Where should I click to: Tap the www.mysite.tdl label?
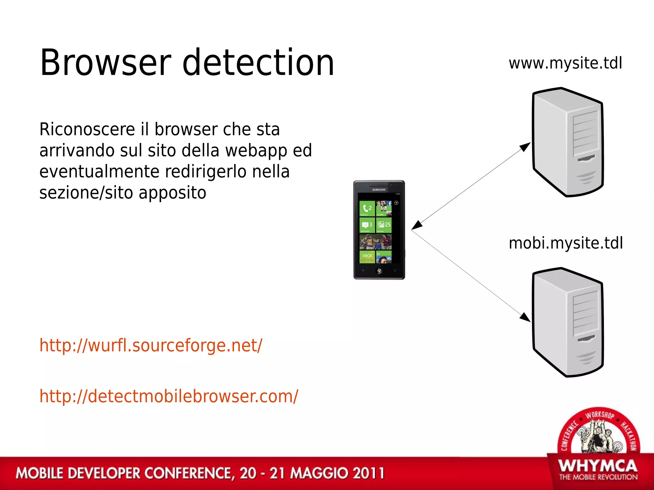pyautogui.click(x=565, y=63)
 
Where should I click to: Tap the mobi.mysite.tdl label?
pyautogui.click(x=566, y=243)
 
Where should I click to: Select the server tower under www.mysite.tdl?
pyautogui.click(x=568, y=142)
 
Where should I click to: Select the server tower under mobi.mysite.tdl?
pyautogui.click(x=568, y=322)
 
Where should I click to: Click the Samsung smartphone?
pyautogui.click(x=379, y=230)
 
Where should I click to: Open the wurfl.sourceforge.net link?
pyautogui.click(x=151, y=345)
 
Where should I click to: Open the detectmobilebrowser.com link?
pyautogui.click(x=169, y=396)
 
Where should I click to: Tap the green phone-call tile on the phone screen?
pyautogui.click(x=367, y=208)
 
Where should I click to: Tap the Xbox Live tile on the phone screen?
pyautogui.click(x=367, y=257)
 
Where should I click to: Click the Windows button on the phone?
pyautogui.click(x=379, y=271)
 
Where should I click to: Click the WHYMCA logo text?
pyautogui.click(x=598, y=466)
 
